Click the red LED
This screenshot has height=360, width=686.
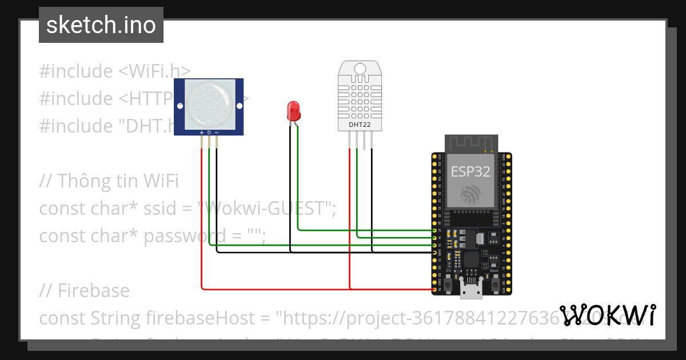click(293, 110)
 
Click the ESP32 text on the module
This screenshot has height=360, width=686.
click(470, 171)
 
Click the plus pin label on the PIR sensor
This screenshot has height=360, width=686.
click(201, 133)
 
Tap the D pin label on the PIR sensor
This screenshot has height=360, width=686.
click(209, 133)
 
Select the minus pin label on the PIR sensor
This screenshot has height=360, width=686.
click(217, 133)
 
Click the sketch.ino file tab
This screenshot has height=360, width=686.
click(101, 25)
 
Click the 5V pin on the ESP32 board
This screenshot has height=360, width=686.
click(435, 290)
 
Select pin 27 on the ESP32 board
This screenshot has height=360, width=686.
click(435, 230)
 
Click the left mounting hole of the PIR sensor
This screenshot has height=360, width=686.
click(179, 106)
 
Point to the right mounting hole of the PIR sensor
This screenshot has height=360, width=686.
click(240, 106)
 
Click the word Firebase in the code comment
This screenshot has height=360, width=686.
click(93, 291)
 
